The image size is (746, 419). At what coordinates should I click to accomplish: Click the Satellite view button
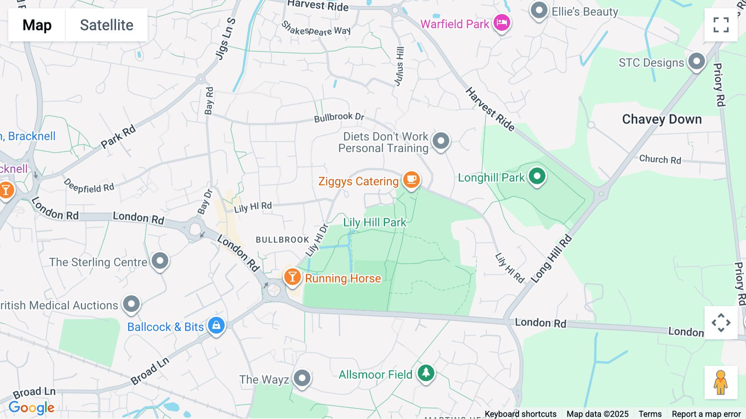[107, 25]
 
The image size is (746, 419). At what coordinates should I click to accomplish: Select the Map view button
[37, 25]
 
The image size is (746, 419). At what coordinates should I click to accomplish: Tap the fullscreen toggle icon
[721, 25]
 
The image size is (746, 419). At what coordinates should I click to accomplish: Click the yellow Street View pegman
[721, 382]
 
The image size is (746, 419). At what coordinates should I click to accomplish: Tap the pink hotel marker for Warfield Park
[501, 22]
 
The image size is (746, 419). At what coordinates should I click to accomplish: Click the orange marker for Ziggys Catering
[411, 180]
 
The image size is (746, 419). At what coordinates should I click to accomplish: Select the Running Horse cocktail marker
[292, 276]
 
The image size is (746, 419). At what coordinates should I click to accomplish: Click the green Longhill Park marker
[537, 176]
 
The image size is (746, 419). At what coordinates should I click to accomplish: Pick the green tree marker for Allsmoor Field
[426, 373]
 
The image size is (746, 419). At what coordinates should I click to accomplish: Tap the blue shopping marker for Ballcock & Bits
[216, 325]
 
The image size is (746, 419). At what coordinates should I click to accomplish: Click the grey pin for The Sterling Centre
[160, 261]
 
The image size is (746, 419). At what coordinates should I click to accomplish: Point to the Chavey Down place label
[662, 119]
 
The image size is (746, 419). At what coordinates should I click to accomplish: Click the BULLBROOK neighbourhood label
[282, 240]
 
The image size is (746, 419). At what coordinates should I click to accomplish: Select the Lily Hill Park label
[375, 222]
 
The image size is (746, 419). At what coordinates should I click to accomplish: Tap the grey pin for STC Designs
[696, 61]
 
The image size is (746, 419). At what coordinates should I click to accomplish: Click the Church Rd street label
[660, 159]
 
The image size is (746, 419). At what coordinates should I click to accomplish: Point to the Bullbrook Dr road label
[339, 117]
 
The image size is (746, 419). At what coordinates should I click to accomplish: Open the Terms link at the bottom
[650, 414]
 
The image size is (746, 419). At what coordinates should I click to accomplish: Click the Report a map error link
[706, 414]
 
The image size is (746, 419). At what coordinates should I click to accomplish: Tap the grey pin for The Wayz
[302, 378]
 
